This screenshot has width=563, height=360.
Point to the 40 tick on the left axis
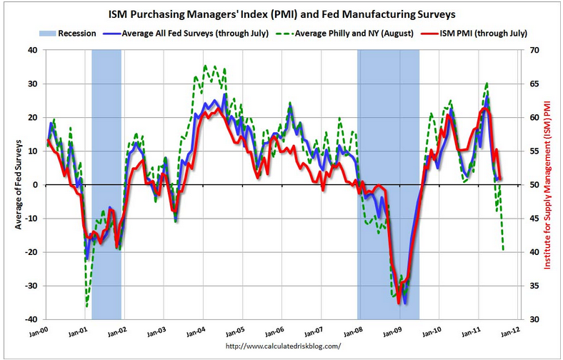[x=32, y=50]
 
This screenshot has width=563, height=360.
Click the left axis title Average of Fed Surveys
[x=15, y=184]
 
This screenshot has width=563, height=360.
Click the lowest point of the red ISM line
[x=399, y=303]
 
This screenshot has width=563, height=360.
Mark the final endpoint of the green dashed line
[x=504, y=251]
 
